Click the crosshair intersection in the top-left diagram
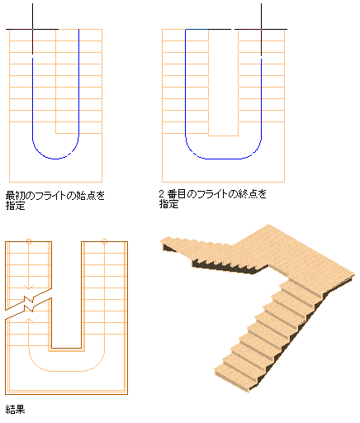coord(32,29)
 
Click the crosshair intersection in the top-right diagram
coord(261,29)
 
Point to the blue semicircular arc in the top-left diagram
coord(55,159)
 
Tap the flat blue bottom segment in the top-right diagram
coord(224,159)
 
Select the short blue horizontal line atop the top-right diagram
coord(197,29)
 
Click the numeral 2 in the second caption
coord(162,194)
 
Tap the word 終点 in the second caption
coord(249,194)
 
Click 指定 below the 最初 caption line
coord(16,206)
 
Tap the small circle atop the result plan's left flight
coord(29,241)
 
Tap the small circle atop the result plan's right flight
coord(104,241)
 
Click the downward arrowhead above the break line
coord(29,287)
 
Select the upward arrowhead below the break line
coord(29,321)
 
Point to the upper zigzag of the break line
coord(29,299)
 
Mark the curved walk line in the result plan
coord(67,370)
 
